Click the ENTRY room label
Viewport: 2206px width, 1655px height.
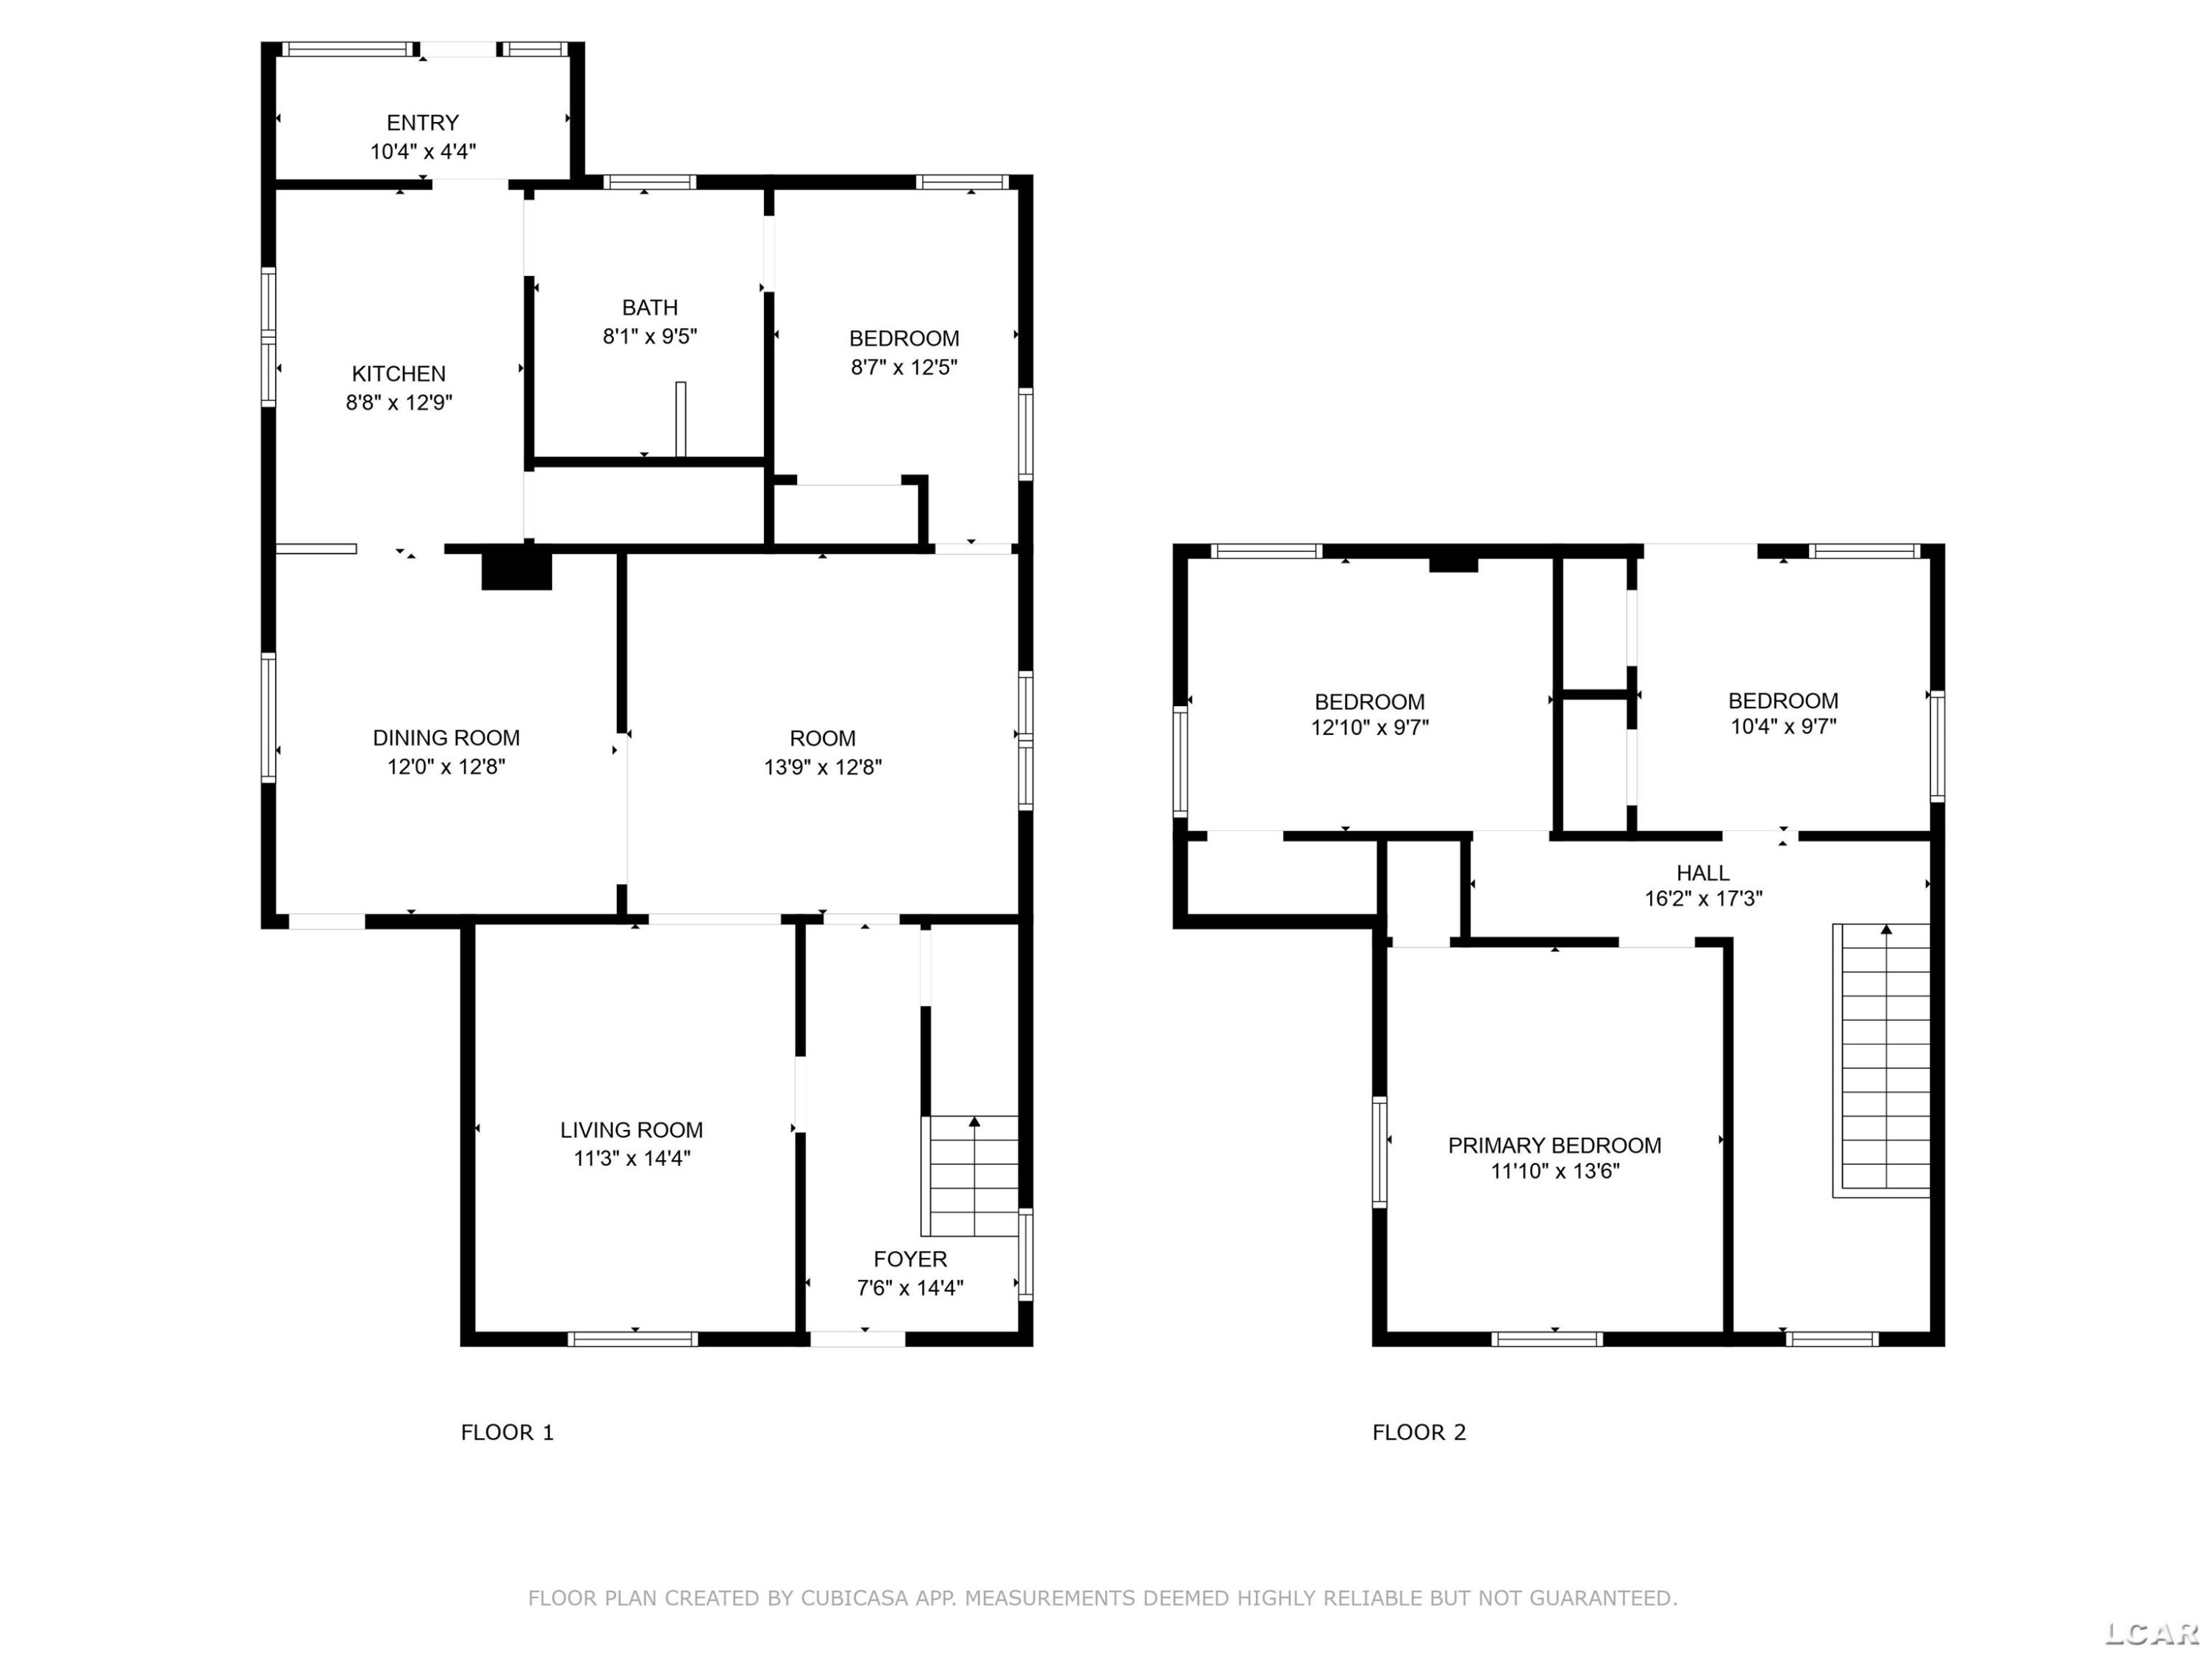coord(423,123)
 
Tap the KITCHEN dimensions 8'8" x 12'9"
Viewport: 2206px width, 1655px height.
coord(399,402)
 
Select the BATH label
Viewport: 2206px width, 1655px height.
coord(650,307)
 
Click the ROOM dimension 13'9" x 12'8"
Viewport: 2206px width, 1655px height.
coord(823,766)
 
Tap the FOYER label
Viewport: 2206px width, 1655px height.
coord(910,1259)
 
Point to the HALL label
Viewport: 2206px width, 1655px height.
coord(1703,873)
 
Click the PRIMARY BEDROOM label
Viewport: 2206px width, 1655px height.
coord(1554,1145)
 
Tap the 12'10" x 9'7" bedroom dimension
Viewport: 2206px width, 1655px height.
coord(1369,727)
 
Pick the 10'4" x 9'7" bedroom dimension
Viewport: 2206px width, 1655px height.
coord(1783,726)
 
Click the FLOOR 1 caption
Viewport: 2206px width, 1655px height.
coord(507,1433)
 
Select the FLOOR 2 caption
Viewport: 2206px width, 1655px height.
coord(1419,1433)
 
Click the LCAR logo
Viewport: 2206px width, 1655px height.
coord(2152,1633)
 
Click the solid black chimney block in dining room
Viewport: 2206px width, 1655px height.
coord(517,569)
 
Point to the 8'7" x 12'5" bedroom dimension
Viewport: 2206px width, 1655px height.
coord(904,367)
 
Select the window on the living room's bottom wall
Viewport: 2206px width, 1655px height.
coord(632,1339)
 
